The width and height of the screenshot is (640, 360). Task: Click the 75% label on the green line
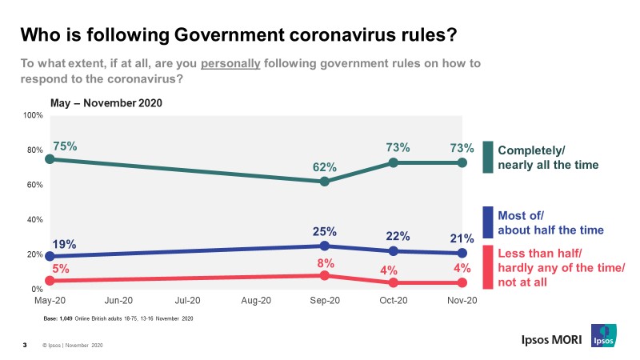click(65, 146)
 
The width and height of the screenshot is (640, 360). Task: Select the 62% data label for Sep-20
click(324, 167)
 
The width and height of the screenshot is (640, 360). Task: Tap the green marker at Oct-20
click(393, 162)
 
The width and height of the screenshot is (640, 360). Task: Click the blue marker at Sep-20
click(324, 246)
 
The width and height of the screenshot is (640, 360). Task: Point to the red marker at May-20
click(50, 281)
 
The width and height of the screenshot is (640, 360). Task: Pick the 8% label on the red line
click(324, 262)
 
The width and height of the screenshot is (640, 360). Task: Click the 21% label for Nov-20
click(462, 238)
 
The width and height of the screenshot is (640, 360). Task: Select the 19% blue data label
click(65, 243)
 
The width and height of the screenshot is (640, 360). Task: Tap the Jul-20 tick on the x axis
click(187, 301)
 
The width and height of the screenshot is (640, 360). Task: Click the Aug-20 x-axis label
click(256, 301)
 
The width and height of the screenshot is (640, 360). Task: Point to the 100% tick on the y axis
click(33, 116)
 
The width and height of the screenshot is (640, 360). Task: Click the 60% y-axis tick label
click(35, 185)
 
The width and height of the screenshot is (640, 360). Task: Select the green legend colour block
click(487, 158)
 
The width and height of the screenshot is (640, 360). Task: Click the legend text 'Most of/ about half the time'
click(550, 222)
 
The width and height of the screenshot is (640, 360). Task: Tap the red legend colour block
click(487, 267)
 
